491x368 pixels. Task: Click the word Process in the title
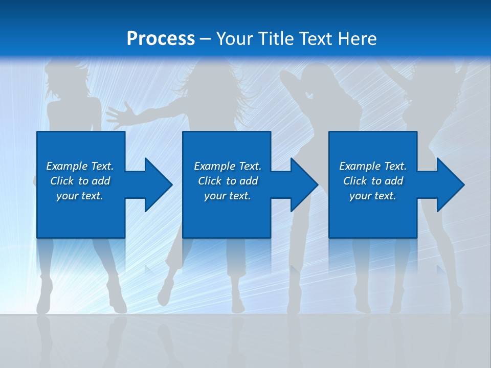click(161, 39)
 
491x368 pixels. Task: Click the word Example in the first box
click(66, 166)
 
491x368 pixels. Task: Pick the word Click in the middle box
click(210, 181)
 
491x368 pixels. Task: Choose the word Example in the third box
click(360, 166)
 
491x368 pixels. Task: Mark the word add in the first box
click(101, 181)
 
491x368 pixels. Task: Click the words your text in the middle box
click(227, 196)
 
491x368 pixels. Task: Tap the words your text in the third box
click(372, 196)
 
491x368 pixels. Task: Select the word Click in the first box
click(62, 181)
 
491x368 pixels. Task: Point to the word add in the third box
click(394, 181)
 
